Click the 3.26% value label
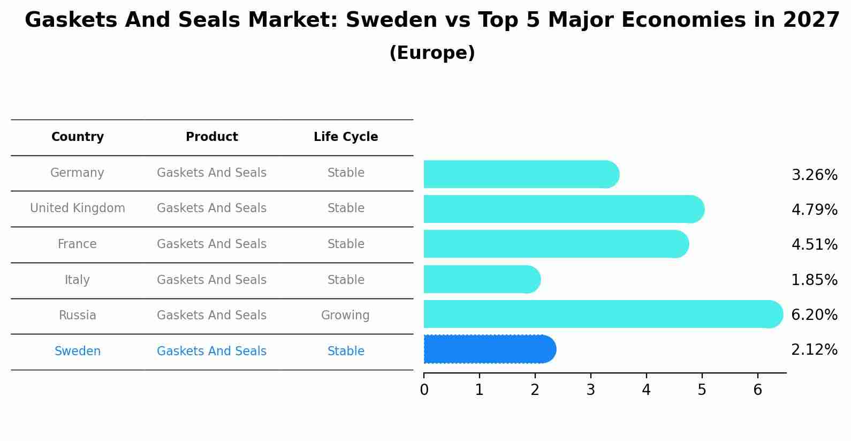[814, 175]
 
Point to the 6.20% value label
[814, 315]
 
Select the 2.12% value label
[814, 350]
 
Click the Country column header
[78, 137]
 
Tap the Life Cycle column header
[346, 137]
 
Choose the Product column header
[212, 137]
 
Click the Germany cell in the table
[78, 173]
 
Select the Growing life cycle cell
[345, 316]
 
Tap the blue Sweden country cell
[78, 352]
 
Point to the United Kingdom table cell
[78, 208]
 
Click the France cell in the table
[78, 244]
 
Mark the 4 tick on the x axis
[646, 390]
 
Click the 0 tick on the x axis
[424, 390]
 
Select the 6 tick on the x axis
[757, 390]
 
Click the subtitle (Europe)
[432, 53]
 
